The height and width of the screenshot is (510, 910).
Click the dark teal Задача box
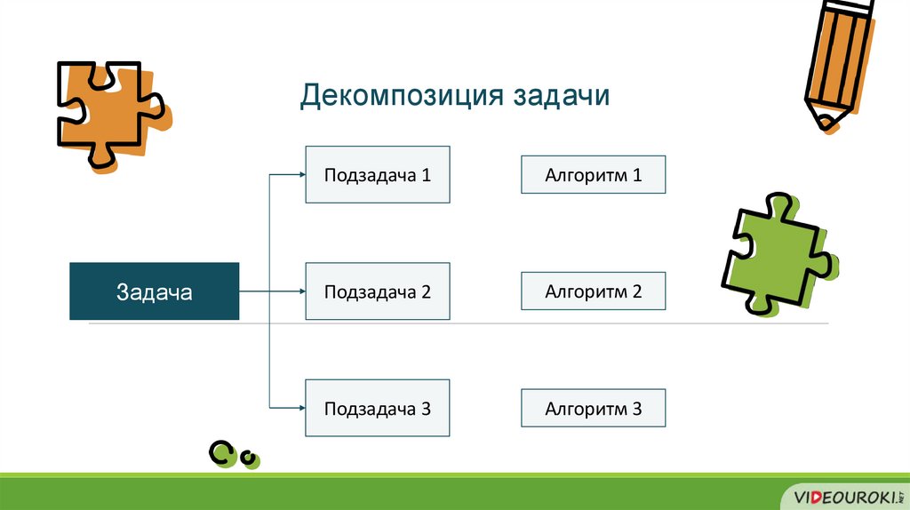click(154, 291)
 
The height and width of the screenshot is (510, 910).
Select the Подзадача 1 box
click(378, 175)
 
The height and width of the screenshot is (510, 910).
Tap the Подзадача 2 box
click(378, 291)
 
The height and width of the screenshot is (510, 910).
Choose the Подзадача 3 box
click(378, 409)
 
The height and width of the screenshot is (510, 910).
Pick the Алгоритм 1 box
click(593, 175)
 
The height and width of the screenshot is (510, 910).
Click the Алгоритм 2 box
click(593, 291)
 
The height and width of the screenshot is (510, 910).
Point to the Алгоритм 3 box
click(593, 409)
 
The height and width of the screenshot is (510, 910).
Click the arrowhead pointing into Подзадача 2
click(300, 291)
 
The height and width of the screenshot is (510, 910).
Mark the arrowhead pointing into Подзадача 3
click(300, 409)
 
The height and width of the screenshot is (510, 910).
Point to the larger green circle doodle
click(221, 453)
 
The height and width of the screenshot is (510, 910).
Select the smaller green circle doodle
click(250, 458)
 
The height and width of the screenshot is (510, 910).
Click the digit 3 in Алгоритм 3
click(636, 409)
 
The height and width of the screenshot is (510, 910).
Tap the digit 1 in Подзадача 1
click(427, 175)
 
